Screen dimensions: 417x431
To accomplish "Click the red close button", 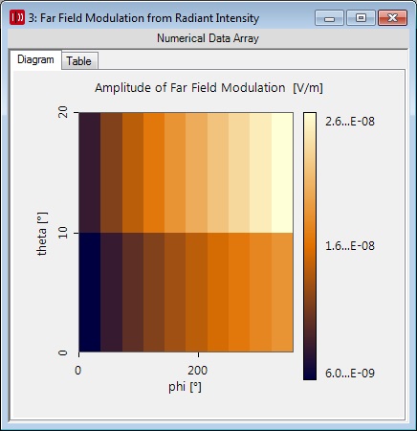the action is coord(392,18).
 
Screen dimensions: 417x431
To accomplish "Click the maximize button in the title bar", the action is coord(361,18).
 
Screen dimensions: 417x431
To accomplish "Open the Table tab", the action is coord(79,61).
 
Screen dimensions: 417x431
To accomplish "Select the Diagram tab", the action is coord(35,59).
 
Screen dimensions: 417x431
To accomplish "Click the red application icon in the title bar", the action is coord(17,17).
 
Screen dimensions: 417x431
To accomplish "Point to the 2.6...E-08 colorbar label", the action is coord(350,122).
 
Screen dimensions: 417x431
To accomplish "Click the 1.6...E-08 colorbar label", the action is coord(350,246).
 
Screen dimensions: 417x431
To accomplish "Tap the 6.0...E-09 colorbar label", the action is coord(350,374).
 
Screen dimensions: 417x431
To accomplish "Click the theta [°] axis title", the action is coord(42,234).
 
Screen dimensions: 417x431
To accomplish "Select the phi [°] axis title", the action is coord(185,387).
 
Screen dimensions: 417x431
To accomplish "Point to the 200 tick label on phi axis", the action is coord(198,371).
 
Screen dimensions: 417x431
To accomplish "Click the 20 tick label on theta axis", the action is coord(63,112).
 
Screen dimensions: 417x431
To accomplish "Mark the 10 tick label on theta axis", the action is coord(63,233).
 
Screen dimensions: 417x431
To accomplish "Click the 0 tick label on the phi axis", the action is coord(78,371).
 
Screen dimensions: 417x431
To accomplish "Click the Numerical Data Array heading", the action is coord(208,38).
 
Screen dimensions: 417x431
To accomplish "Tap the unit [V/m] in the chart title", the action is coord(308,88).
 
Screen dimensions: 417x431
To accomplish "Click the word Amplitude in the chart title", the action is coord(123,88).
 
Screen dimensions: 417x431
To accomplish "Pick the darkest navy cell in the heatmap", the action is coord(90,292).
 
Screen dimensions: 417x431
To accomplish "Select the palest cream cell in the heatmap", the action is coord(282,172).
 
